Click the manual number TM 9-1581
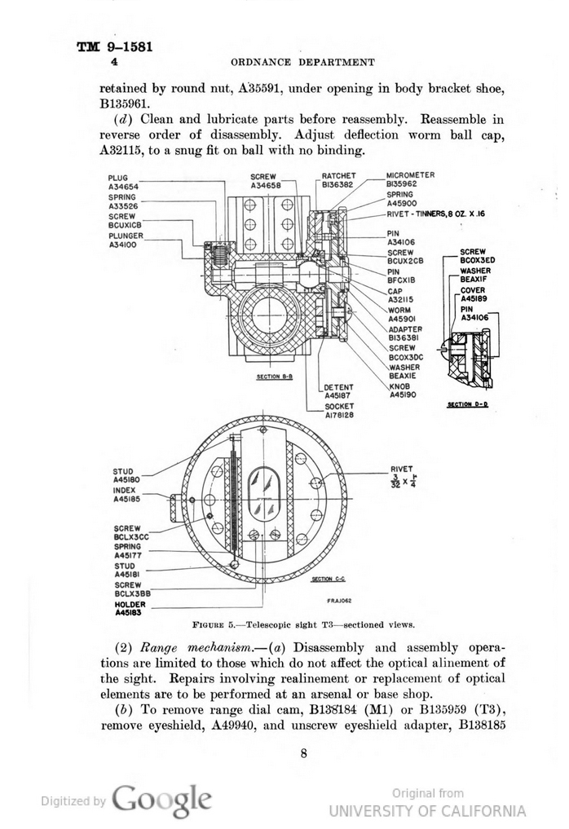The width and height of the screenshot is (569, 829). tap(115, 46)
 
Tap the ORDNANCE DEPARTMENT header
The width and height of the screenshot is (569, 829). tap(302, 62)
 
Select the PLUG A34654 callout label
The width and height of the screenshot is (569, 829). tap(123, 182)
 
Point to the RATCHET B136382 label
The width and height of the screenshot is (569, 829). tap(337, 180)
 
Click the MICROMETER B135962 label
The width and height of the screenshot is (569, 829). tap(410, 179)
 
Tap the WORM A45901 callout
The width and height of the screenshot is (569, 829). tap(402, 315)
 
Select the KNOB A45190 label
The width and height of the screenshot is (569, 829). tap(403, 390)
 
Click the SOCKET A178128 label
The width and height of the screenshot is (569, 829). tap(339, 411)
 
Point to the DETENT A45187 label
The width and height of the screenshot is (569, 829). tap(338, 391)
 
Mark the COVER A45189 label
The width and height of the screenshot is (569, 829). tap(473, 294)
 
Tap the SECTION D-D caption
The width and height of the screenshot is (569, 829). tap(467, 403)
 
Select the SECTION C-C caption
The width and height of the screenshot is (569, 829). tap(329, 579)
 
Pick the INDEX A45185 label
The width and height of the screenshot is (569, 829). tap(126, 495)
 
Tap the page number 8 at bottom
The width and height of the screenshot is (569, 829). tap(303, 753)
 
